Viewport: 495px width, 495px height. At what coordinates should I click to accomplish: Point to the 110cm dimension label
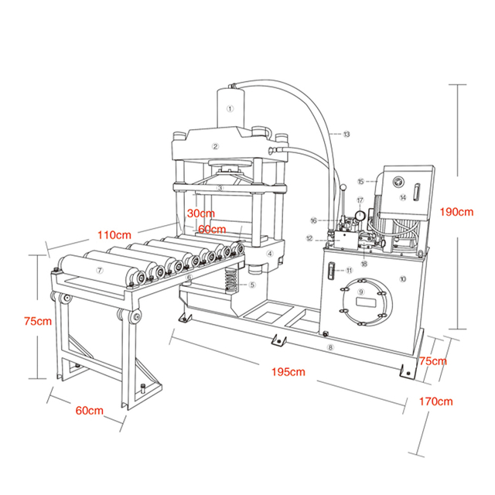(114, 233)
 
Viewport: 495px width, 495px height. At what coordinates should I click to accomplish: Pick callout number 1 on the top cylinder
(229, 109)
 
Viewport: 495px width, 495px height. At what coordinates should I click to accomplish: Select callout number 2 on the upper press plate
(217, 145)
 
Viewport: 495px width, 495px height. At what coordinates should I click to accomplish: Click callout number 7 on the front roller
(99, 270)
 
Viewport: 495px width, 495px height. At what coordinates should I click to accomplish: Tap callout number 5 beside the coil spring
(252, 284)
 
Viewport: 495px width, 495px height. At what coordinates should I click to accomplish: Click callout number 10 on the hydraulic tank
(402, 277)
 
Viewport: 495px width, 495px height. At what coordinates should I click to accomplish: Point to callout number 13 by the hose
(346, 135)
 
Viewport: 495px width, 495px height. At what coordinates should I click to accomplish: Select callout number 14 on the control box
(402, 198)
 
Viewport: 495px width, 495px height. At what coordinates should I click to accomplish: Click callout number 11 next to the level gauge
(349, 270)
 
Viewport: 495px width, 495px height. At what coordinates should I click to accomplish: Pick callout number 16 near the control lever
(335, 220)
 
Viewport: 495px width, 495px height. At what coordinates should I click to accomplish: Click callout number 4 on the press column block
(270, 253)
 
